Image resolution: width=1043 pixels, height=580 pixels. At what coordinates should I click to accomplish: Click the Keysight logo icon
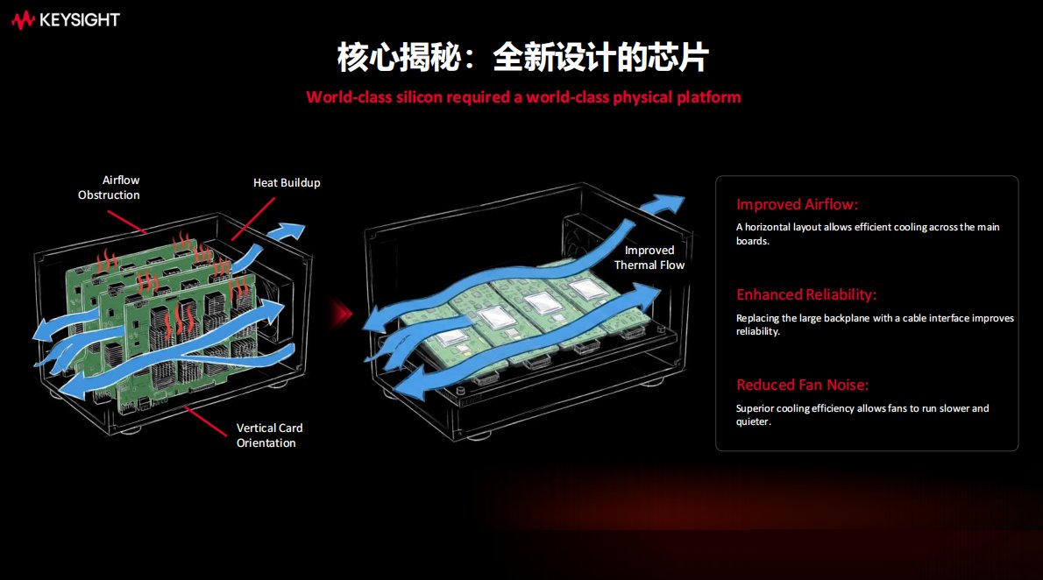[x=24, y=20]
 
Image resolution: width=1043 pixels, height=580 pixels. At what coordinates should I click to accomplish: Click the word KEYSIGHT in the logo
[x=80, y=20]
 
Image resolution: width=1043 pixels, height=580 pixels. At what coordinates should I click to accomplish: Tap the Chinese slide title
[x=523, y=57]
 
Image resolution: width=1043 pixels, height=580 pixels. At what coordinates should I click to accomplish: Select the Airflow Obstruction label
[x=109, y=187]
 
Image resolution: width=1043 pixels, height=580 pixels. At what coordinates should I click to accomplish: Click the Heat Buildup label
[x=287, y=182]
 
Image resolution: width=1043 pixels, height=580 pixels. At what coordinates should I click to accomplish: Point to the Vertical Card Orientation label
[x=269, y=435]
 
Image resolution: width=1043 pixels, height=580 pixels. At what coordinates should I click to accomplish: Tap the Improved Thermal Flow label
[x=649, y=258]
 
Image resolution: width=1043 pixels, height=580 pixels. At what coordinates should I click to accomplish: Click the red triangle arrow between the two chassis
[x=342, y=314]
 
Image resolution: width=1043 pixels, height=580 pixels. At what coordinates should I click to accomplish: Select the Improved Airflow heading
[x=797, y=204]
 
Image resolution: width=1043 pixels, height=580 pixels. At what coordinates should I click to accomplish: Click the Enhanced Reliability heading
[x=806, y=294]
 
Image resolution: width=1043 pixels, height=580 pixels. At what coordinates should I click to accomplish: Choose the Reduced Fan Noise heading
[x=802, y=385]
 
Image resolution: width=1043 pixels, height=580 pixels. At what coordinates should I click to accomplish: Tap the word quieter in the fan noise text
[x=753, y=421]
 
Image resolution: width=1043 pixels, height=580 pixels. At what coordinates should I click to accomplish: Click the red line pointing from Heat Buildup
[x=252, y=219]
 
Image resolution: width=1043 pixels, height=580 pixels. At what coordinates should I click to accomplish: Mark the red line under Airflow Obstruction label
[x=127, y=223]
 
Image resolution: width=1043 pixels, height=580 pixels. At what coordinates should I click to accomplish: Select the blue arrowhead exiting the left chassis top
[x=287, y=232]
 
